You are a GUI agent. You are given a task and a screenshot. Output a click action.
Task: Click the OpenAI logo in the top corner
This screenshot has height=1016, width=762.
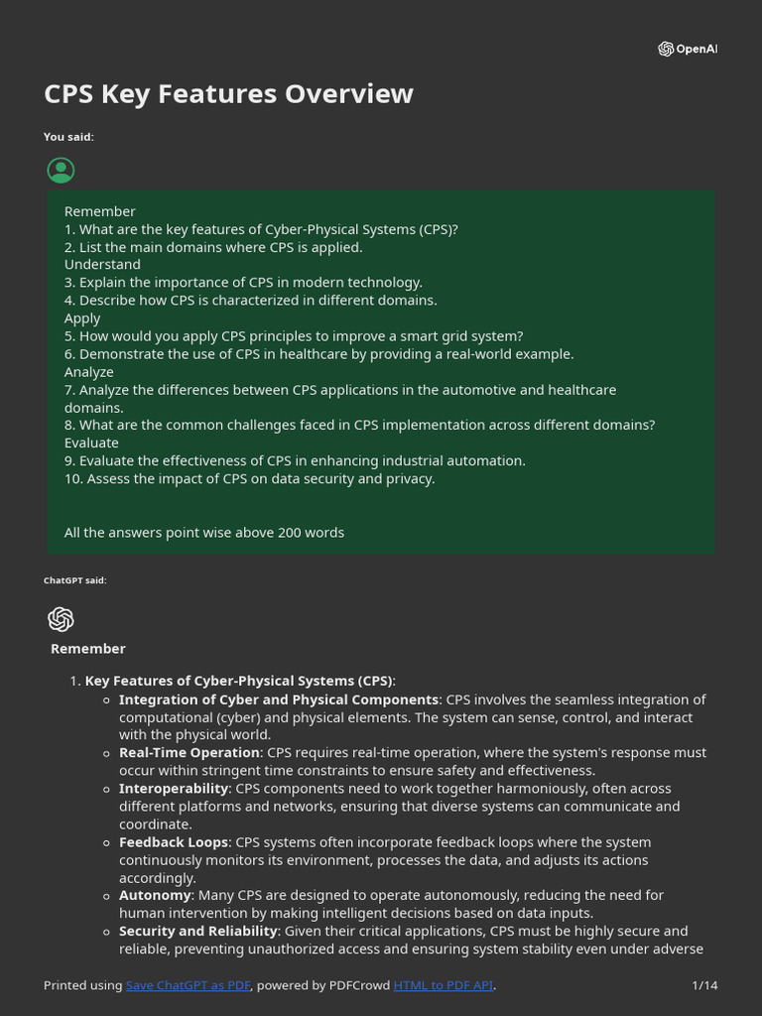click(687, 50)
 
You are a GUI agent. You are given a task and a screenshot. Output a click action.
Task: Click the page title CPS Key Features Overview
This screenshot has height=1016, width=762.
click(228, 94)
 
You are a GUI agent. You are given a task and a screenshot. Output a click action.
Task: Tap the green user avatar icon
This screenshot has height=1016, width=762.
click(61, 171)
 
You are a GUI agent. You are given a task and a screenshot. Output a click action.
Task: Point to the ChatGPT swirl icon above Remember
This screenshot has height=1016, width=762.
click(61, 619)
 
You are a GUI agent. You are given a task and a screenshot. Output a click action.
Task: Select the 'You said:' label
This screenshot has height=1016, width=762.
click(68, 137)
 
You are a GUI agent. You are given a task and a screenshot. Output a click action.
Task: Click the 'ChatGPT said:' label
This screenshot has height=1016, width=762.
click(74, 580)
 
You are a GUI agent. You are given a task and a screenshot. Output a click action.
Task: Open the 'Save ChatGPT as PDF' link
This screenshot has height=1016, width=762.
click(189, 985)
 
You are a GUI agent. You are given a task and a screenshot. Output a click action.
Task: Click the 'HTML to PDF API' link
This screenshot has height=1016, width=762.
click(444, 985)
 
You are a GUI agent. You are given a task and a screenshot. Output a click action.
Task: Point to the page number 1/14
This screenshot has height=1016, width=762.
click(704, 985)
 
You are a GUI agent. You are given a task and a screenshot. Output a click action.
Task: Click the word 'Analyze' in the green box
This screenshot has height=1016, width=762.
click(89, 372)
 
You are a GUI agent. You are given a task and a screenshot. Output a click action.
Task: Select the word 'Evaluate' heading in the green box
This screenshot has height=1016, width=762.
click(91, 443)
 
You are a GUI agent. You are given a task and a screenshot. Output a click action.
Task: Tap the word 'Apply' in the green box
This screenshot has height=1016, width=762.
click(82, 318)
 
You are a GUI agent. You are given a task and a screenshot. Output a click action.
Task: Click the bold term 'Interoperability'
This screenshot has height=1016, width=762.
click(174, 789)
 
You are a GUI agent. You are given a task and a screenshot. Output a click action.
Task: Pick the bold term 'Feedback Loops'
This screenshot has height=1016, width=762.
click(173, 842)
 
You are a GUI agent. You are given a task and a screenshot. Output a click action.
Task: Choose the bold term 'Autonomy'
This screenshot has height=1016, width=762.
click(155, 895)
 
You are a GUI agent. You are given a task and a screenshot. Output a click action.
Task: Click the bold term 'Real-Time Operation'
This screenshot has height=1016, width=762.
click(190, 753)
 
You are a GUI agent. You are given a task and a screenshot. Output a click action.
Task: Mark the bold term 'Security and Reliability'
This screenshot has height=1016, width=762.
click(197, 931)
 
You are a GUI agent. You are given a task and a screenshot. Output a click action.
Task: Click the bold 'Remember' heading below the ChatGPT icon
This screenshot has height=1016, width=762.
click(88, 649)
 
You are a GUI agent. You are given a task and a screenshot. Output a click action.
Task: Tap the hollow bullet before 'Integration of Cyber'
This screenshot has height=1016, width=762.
click(107, 700)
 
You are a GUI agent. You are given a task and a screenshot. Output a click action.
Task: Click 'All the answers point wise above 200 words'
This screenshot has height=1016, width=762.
click(204, 533)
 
